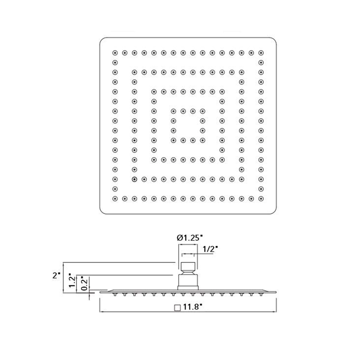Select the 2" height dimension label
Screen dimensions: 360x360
pyautogui.click(x=56, y=275)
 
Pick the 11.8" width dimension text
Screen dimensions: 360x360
pyautogui.click(x=192, y=308)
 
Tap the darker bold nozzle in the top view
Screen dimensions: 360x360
pyautogui.click(x=135, y=179)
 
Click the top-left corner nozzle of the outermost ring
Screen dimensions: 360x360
pyautogui.click(x=115, y=52)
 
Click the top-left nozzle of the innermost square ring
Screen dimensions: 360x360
pyautogui.click(x=173, y=110)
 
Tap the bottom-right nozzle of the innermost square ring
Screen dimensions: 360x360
pyautogui.click(x=202, y=139)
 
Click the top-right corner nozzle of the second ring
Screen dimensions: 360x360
pyautogui.click(x=241, y=72)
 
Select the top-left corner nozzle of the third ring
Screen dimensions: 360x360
pyautogui.click(x=154, y=91)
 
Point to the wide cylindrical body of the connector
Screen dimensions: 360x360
pyautogui.click(x=188, y=282)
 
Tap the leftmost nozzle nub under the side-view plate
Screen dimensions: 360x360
pyautogui.click(x=115, y=295)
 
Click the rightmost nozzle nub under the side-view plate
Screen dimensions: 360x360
pyautogui.click(x=260, y=295)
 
